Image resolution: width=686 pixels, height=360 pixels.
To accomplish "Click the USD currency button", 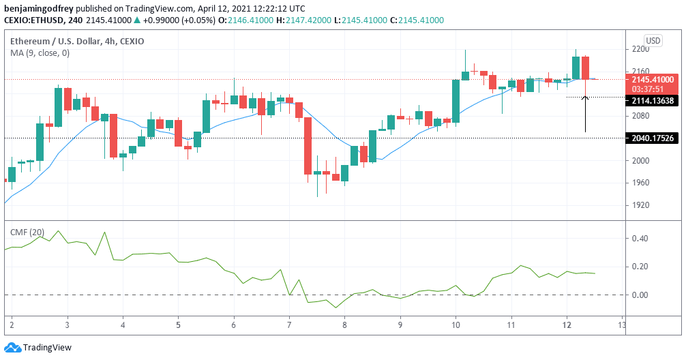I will (653, 40).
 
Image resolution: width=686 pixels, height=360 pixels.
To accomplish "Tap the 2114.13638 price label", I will (653, 101).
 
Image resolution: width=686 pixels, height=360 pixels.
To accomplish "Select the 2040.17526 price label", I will (653, 138).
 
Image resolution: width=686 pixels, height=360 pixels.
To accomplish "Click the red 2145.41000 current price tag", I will (653, 79).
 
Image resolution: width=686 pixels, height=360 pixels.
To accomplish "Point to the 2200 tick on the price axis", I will (640, 50).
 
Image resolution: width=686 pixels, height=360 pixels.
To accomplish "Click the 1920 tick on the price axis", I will (640, 205).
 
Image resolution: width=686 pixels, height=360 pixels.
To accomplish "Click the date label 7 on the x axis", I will (289, 326).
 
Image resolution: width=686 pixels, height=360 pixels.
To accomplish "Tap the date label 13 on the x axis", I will (621, 326).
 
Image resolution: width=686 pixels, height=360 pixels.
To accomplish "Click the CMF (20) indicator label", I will (27, 232).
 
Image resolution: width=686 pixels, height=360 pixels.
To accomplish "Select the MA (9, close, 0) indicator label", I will (40, 53).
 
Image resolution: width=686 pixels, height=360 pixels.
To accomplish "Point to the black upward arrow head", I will (585, 100).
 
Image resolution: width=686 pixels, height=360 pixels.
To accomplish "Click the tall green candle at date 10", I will (456, 101).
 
